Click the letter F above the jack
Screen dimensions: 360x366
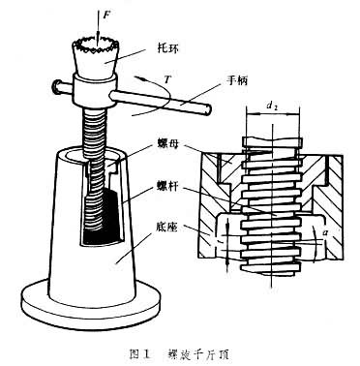click(x=106, y=15)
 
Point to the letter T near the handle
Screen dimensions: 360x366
click(x=167, y=79)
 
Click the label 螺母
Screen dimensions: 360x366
click(x=167, y=143)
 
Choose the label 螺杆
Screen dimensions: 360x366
click(x=167, y=187)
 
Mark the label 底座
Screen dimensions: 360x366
click(x=167, y=227)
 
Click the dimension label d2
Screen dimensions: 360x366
click(x=273, y=107)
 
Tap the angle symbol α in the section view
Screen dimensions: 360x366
click(x=326, y=231)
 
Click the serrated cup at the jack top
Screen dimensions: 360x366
click(x=96, y=55)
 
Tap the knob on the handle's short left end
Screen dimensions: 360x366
click(x=56, y=86)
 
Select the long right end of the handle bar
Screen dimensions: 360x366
click(x=161, y=102)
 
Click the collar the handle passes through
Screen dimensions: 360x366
click(x=94, y=90)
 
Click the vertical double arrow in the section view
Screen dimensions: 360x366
click(x=227, y=244)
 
